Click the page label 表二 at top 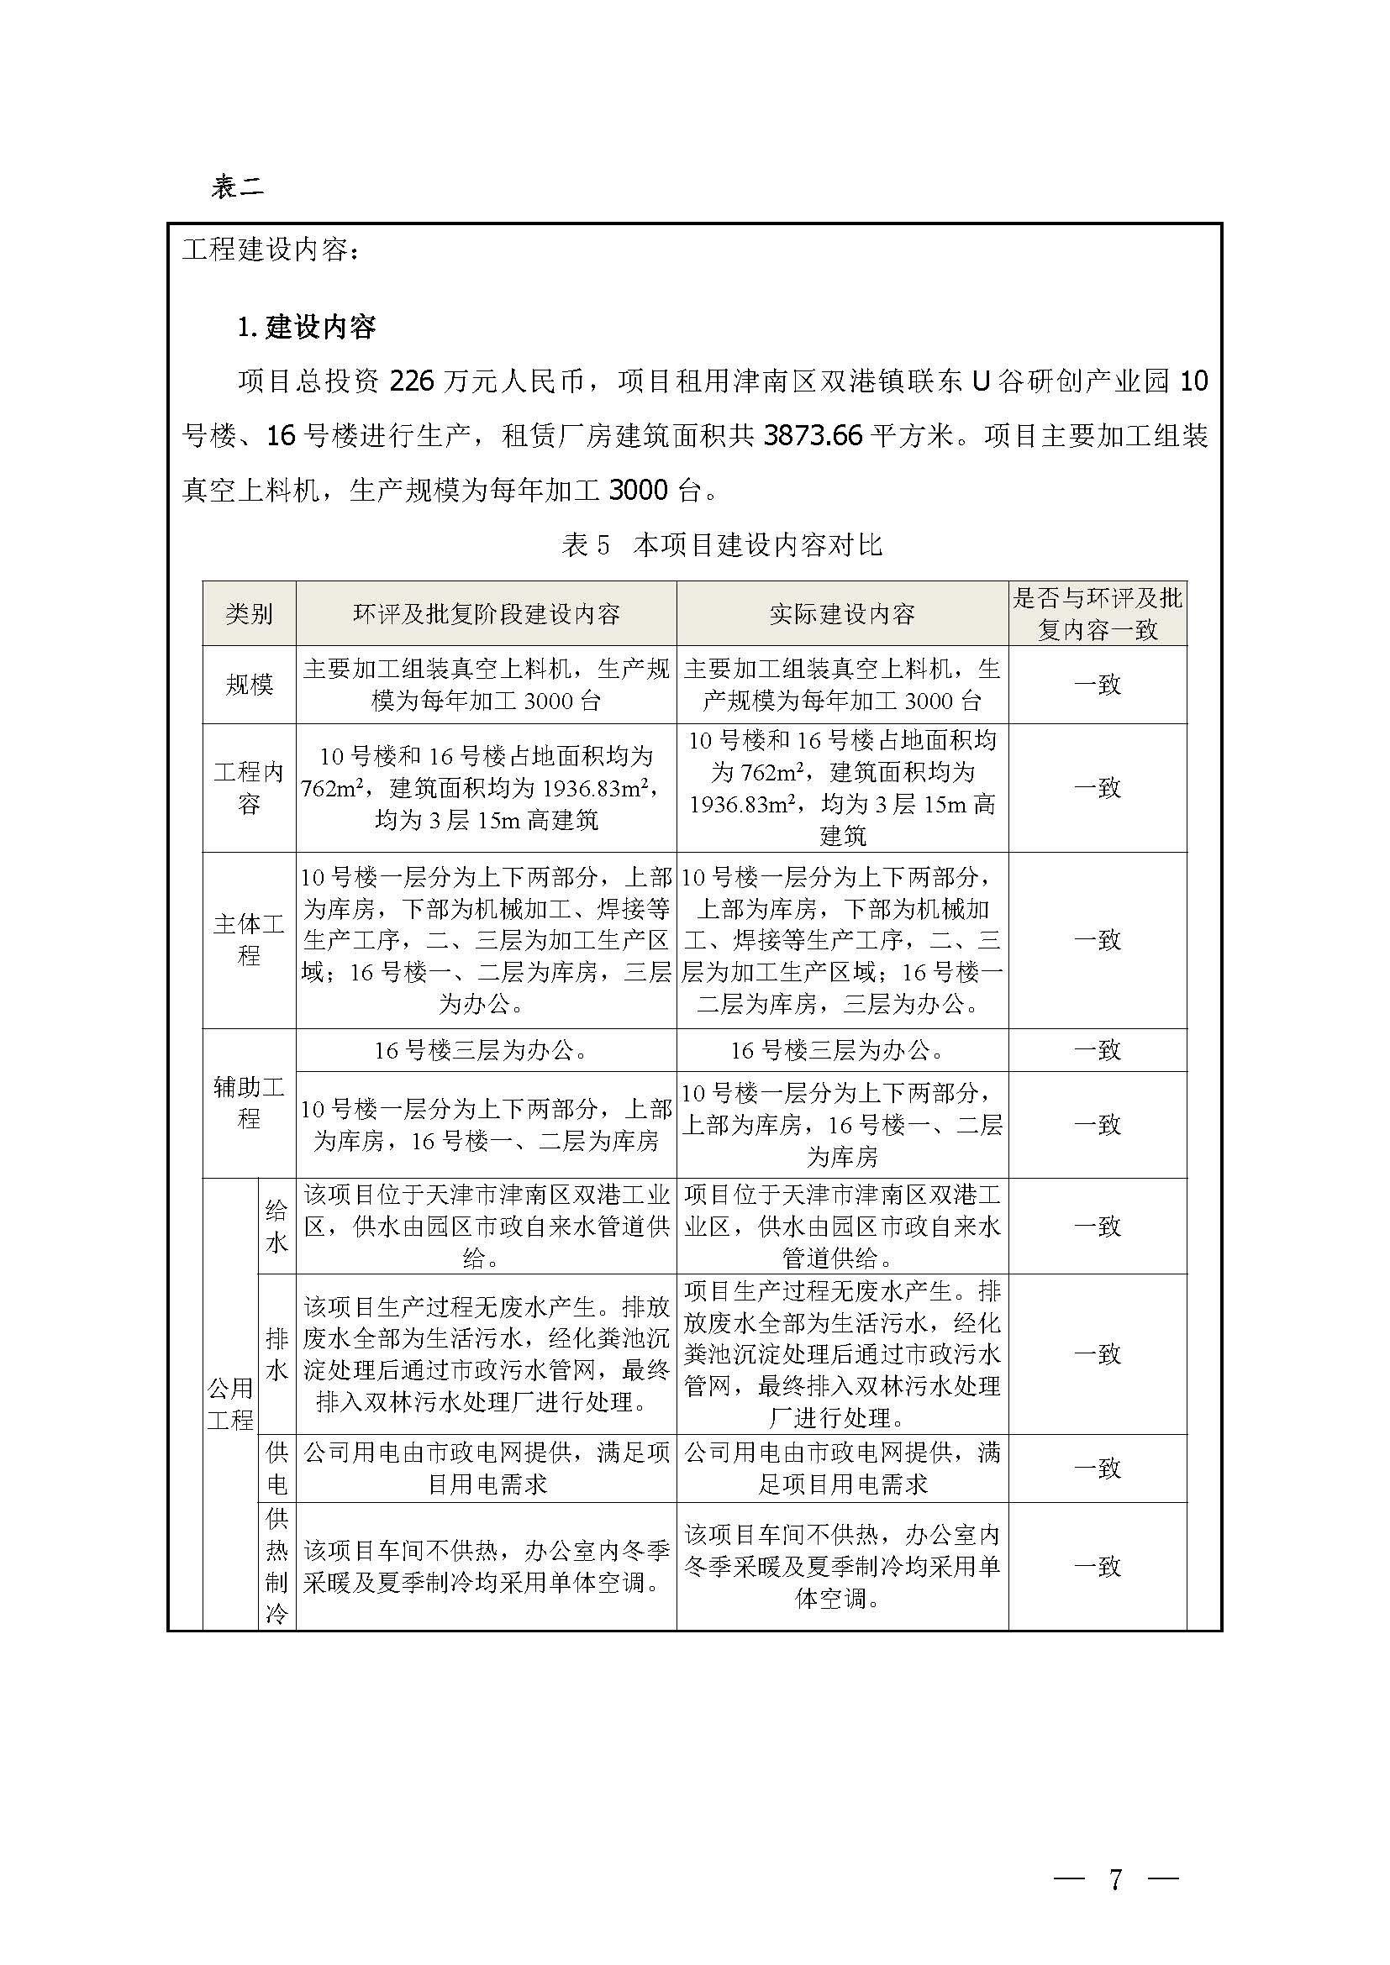click(237, 187)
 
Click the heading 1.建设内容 click(307, 327)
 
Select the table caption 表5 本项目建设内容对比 click(722, 545)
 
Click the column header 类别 click(249, 613)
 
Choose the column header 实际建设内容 click(842, 613)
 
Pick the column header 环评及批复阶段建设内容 click(486, 613)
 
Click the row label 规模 click(249, 685)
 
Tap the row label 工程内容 click(249, 787)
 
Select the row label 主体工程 click(249, 939)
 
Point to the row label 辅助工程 click(249, 1102)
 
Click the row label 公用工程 click(230, 1404)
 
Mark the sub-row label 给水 click(276, 1226)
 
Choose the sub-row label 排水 click(276, 1354)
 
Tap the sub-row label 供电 click(276, 1468)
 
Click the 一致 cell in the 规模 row click(1098, 685)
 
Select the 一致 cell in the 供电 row click(1098, 1468)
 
